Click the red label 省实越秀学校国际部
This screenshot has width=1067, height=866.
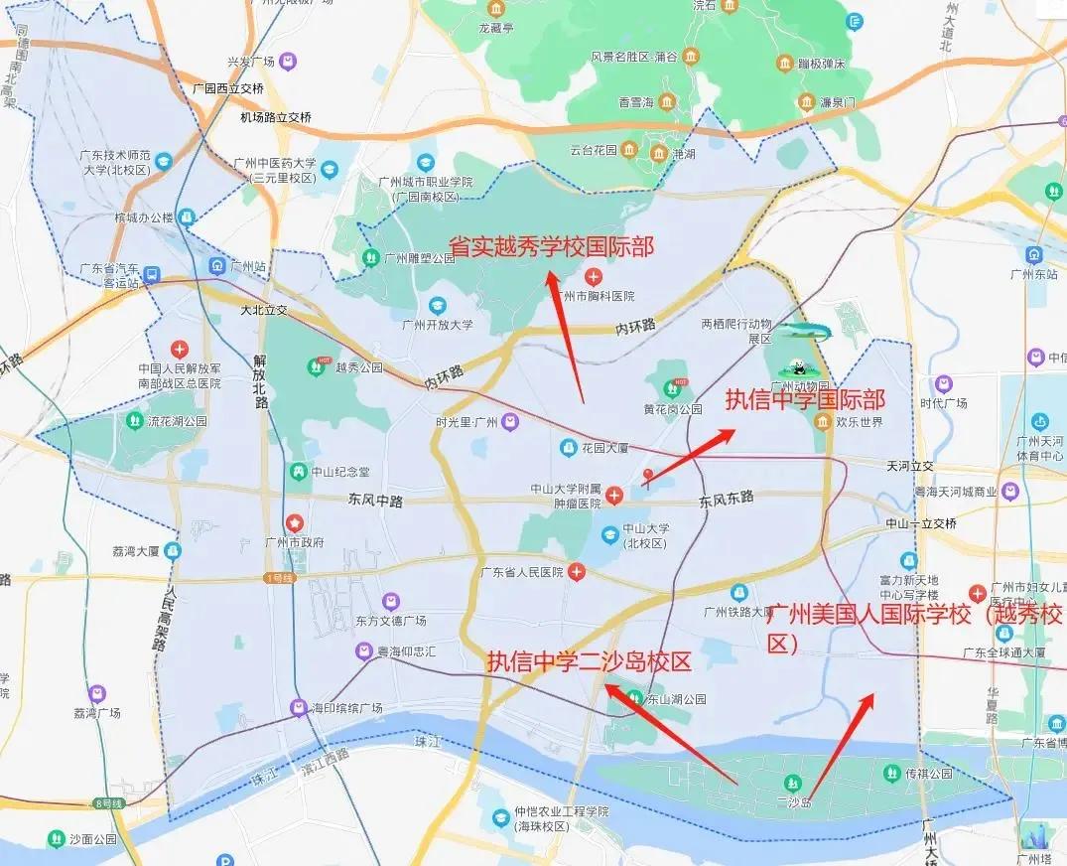tap(551, 246)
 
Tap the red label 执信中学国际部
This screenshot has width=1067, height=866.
tap(804, 400)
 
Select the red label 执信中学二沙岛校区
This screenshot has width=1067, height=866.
tap(588, 662)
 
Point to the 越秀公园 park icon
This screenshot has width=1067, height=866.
tap(316, 366)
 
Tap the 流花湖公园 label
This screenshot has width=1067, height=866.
tap(178, 421)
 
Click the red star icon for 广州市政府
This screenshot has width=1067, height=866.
tap(295, 522)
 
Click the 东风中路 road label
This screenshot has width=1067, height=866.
tap(375, 502)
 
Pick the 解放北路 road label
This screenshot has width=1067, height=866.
tap(261, 380)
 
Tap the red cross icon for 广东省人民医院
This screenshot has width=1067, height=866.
tap(576, 572)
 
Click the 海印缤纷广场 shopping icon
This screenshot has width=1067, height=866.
tap(298, 708)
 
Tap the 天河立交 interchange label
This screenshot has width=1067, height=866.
tap(910, 466)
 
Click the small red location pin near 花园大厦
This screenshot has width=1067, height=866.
tap(648, 476)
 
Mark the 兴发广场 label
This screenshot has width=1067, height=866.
tap(252, 62)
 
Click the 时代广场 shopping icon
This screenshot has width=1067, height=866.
tap(943, 382)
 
